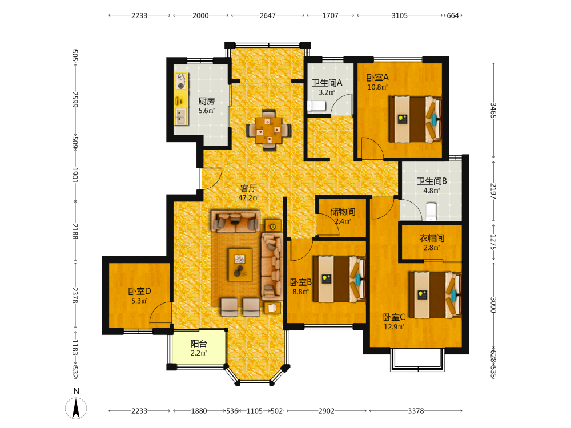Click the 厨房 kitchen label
(x=207, y=101)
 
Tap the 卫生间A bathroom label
(x=327, y=83)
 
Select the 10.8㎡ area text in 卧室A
(x=377, y=87)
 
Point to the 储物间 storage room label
(x=343, y=212)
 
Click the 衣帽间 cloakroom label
(x=432, y=239)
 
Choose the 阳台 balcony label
(x=199, y=344)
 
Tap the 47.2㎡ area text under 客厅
(x=248, y=198)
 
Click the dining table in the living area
(x=269, y=130)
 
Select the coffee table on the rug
(x=240, y=265)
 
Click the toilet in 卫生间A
(x=316, y=106)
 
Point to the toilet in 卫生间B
(x=431, y=212)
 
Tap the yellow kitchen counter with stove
(x=181, y=99)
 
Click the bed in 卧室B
(x=339, y=279)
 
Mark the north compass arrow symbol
(x=76, y=408)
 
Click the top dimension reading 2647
(x=268, y=15)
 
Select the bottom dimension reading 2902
(x=326, y=411)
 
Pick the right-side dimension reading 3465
(x=493, y=110)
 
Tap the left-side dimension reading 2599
(x=75, y=99)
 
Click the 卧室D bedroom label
(x=139, y=292)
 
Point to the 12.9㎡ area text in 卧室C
(x=393, y=327)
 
